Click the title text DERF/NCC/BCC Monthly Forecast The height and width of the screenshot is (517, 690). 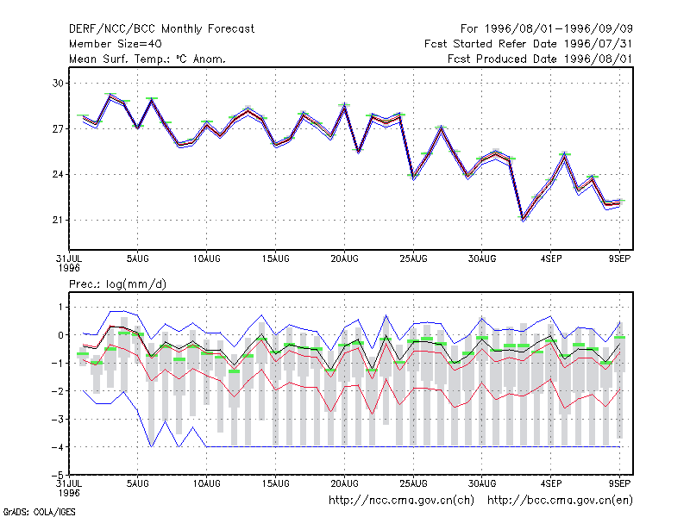tap(161, 29)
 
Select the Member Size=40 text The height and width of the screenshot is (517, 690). tap(116, 44)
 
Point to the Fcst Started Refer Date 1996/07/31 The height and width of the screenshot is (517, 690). tap(528, 44)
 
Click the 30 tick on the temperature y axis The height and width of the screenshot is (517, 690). tap(58, 83)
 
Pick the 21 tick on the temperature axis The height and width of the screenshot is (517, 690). tap(58, 221)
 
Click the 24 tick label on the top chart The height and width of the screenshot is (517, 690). tap(58, 175)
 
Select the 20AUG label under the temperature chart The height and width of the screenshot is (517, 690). tap(344, 259)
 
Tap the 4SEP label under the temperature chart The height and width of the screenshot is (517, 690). tap(551, 259)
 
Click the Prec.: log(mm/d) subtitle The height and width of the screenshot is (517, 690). tap(117, 284)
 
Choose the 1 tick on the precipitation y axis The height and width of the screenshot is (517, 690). tap(60, 308)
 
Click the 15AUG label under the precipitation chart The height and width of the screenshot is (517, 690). tap(275, 483)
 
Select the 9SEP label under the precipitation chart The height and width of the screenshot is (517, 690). tap(619, 483)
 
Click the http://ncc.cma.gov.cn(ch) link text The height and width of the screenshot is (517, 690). tap(401, 501)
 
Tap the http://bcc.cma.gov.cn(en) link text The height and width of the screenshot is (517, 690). tap(560, 501)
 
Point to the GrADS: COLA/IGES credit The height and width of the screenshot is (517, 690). tap(39, 512)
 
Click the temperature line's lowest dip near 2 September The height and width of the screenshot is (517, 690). tap(523, 219)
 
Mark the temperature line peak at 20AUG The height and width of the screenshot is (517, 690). tap(344, 105)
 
